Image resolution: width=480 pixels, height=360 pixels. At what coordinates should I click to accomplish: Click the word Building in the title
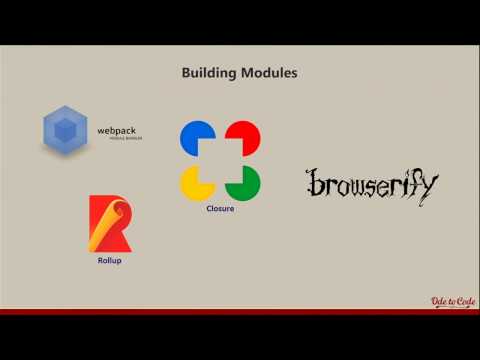208,73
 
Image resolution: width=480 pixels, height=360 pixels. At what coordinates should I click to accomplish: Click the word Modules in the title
267,73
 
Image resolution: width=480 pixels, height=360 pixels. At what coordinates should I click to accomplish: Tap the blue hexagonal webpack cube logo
66,130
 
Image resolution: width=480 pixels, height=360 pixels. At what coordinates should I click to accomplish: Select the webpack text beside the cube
117,130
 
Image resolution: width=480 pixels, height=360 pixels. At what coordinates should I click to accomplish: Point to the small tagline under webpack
125,139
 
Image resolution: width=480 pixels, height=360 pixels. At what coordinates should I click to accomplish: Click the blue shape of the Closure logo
196,138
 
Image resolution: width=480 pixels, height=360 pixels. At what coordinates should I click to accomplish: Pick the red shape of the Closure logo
243,138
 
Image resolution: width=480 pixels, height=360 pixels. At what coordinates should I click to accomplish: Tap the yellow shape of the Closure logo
196,183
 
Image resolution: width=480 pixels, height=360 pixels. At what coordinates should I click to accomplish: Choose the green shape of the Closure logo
243,183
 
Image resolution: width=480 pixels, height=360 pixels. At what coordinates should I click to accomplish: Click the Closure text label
220,209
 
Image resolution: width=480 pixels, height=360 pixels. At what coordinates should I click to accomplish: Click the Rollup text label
109,261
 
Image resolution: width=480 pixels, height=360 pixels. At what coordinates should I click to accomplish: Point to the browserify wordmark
371,184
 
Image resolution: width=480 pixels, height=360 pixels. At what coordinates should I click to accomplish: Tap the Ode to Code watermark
451,302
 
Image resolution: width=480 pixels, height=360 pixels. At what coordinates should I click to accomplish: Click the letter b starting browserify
312,184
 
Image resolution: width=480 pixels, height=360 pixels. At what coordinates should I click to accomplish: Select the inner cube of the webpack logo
66,130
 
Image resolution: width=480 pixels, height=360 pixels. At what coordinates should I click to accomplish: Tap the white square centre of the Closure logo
220,160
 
